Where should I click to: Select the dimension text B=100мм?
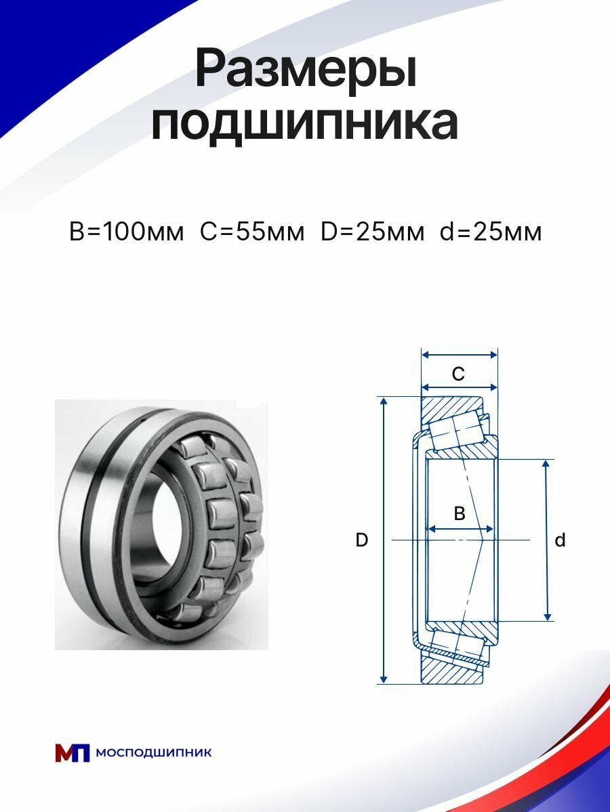click(127, 232)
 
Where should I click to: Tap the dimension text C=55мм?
click(252, 232)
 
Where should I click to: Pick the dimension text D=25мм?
click(372, 232)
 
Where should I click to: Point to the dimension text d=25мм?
click(491, 232)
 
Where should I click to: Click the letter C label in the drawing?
click(458, 373)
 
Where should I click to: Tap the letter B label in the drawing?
click(459, 513)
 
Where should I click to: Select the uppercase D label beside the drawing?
click(362, 540)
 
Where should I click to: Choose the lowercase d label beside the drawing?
click(560, 540)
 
